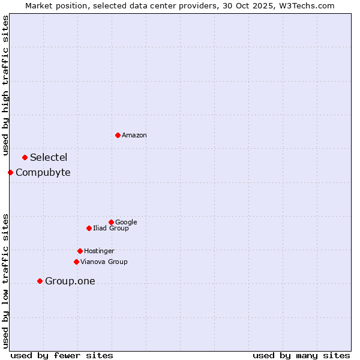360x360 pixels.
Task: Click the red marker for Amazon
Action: pyautogui.click(x=118, y=135)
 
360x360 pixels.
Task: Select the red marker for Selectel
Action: pyautogui.click(x=25, y=157)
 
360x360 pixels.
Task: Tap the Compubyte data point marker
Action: pyautogui.click(x=10, y=172)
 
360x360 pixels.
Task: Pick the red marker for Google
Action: pyautogui.click(x=111, y=222)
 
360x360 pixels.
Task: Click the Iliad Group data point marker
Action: pyautogui.click(x=89, y=228)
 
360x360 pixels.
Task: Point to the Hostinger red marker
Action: pyautogui.click(x=80, y=251)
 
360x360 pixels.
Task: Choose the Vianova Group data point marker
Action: pyautogui.click(x=76, y=262)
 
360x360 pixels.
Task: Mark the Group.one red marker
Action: pyautogui.click(x=40, y=281)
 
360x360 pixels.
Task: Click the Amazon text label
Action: pyautogui.click(x=134, y=136)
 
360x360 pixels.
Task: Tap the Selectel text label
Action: pyautogui.click(x=49, y=158)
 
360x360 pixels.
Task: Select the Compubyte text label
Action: pyautogui.click(x=43, y=173)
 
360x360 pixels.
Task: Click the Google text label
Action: pyautogui.click(x=126, y=223)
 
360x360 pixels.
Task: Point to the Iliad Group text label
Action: pyautogui.click(x=111, y=229)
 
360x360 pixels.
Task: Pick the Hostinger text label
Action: pyautogui.click(x=99, y=251)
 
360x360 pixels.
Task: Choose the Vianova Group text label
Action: pyautogui.click(x=104, y=262)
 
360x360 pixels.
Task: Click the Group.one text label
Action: pyautogui.click(x=70, y=281)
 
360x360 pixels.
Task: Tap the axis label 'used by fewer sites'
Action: pyautogui.click(x=62, y=356)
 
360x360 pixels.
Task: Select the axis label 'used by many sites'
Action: pyautogui.click(x=301, y=356)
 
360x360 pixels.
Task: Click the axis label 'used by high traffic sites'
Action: pyautogui.click(x=5, y=85)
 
